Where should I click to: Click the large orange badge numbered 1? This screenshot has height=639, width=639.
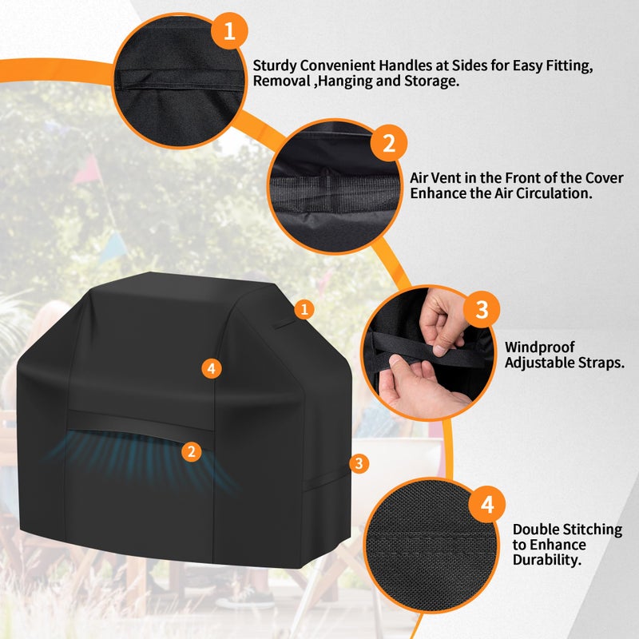coord(229,31)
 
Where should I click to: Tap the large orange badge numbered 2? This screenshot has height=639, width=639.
coord(389,144)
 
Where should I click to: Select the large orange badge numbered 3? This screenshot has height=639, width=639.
coord(481,310)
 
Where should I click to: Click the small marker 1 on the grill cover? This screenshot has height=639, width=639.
coord(304,308)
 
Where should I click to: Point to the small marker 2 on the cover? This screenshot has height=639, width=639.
coord(190,451)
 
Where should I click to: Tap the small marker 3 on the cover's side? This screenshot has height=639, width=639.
coord(359,462)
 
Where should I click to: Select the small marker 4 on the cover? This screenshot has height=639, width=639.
coord(211,368)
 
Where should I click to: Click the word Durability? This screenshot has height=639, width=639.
coord(546,561)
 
